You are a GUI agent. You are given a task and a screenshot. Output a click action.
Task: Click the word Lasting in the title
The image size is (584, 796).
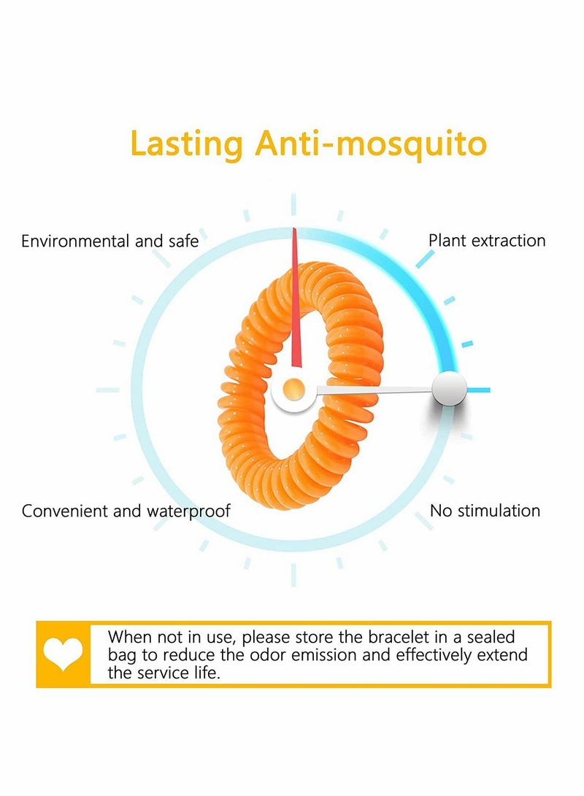point(185,144)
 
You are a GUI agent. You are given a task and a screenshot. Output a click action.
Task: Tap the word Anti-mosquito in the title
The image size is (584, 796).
point(371,144)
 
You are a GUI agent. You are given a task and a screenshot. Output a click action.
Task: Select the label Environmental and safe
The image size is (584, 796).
point(109,241)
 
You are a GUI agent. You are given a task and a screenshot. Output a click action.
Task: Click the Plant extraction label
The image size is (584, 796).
point(487,240)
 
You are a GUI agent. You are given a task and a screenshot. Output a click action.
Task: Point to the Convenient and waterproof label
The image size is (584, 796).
point(126,511)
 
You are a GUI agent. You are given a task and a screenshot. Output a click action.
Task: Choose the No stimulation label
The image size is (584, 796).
point(485,511)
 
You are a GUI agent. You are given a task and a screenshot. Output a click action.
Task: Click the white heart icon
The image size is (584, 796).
point(63,654)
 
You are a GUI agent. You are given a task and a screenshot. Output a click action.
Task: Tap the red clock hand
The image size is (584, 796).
point(295,299)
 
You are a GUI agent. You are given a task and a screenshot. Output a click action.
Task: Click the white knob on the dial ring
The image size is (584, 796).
point(449,389)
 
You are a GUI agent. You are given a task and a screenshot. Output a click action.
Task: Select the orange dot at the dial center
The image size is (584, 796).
point(293,388)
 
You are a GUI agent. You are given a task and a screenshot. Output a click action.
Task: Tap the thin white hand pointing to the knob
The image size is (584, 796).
point(372,391)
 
